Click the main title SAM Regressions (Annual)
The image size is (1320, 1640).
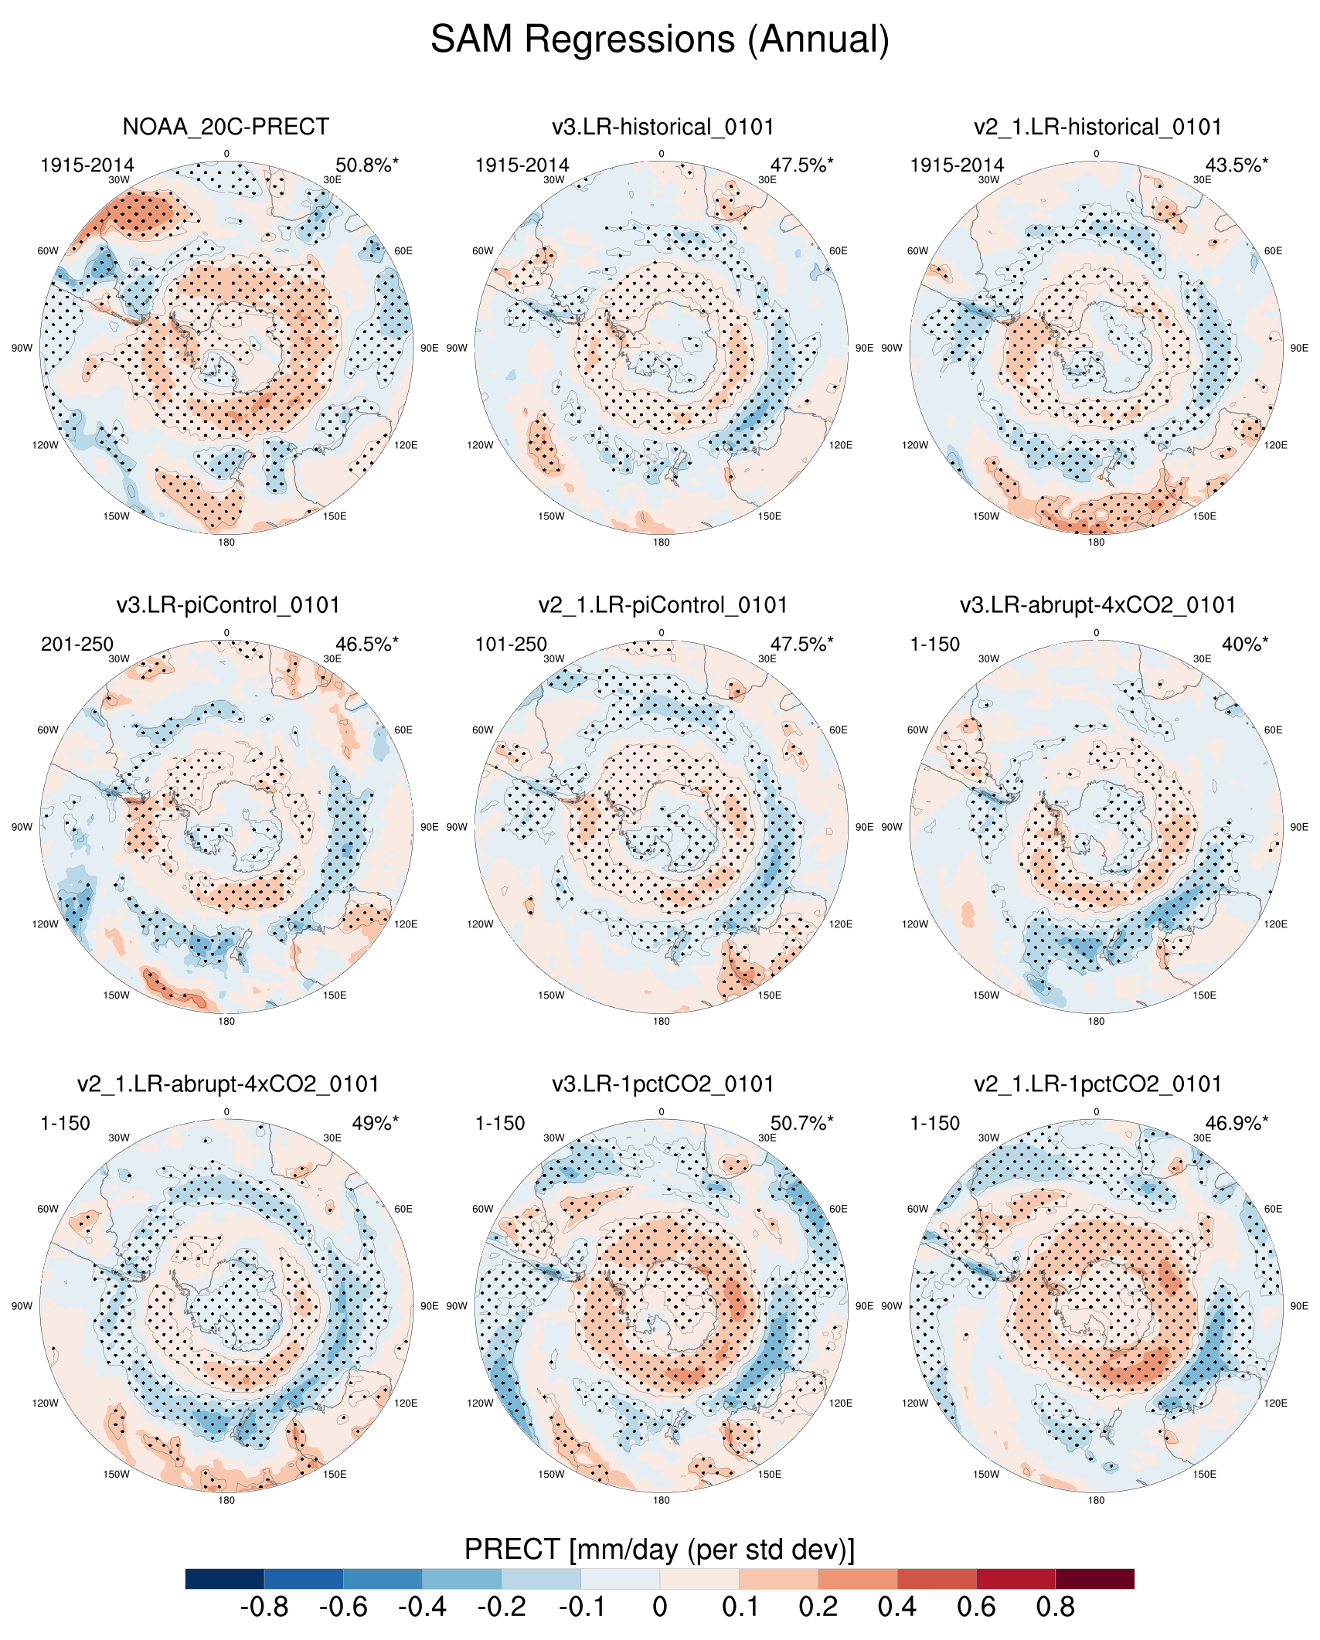click(x=660, y=39)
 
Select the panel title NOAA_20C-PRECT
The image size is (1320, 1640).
click(x=226, y=127)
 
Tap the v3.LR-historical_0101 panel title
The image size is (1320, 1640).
click(x=662, y=127)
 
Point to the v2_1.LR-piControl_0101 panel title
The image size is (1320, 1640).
click(x=662, y=605)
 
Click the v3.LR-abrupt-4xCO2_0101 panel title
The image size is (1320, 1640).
click(x=1097, y=605)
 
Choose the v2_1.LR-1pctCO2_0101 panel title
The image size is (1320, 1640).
click(x=1097, y=1084)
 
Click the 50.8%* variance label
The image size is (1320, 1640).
click(x=367, y=165)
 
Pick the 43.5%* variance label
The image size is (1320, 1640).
click(x=1237, y=165)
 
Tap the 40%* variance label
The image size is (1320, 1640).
click(x=1244, y=645)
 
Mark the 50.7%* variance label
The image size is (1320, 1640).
click(x=801, y=1124)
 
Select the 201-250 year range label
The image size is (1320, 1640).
click(x=77, y=645)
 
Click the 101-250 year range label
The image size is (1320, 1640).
click(x=511, y=645)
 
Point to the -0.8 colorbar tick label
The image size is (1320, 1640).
click(x=264, y=1608)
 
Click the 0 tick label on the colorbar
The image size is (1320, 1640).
click(x=659, y=1608)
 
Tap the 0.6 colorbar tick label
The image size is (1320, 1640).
click(x=976, y=1608)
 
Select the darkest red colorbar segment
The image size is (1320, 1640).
click(x=1094, y=1578)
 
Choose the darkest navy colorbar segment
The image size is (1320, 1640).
click(x=225, y=1578)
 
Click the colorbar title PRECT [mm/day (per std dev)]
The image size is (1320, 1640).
click(x=659, y=1550)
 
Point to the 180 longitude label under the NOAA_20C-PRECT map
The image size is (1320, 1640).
click(x=226, y=543)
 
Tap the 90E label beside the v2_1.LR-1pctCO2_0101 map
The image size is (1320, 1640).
click(x=1299, y=1306)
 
